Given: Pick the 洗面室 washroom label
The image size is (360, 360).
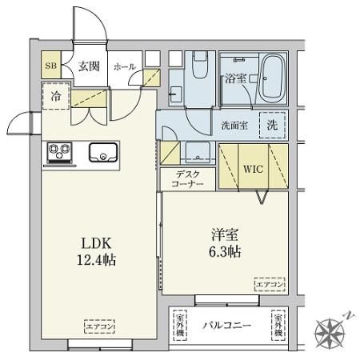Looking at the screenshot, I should point(234,125).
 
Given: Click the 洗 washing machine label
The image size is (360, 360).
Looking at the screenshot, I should point(273,125).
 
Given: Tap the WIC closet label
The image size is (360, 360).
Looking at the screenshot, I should point(253,170).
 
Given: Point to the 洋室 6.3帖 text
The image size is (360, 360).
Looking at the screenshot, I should point(226,242).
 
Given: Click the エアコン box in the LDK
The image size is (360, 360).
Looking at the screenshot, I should point(98,326).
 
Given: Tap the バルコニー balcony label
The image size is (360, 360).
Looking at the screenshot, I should point(226,325).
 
